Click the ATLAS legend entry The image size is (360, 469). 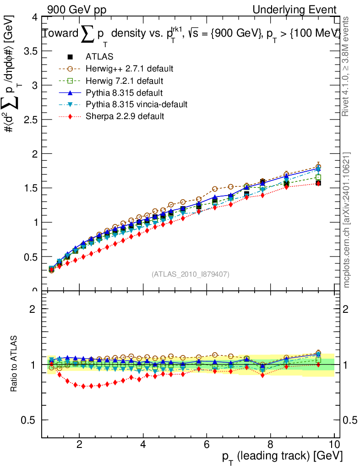pyautogui.click(x=98, y=57)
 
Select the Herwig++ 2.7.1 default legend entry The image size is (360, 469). pyautogui.click(x=129, y=69)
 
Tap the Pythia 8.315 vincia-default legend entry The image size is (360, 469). pyautogui.click(x=136, y=104)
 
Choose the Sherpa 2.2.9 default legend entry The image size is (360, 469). pyautogui.click(x=125, y=116)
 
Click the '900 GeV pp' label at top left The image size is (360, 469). pyautogui.click(x=75, y=10)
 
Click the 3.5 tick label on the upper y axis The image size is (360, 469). pyautogui.click(x=27, y=51)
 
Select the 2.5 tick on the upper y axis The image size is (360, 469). pyautogui.click(x=27, y=120)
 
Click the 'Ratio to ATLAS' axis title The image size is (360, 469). pyautogui.click(x=14, y=365)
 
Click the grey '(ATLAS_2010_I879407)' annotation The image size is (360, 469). pyautogui.click(x=191, y=274)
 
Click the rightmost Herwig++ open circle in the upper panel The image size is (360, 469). pyautogui.click(x=318, y=166)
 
